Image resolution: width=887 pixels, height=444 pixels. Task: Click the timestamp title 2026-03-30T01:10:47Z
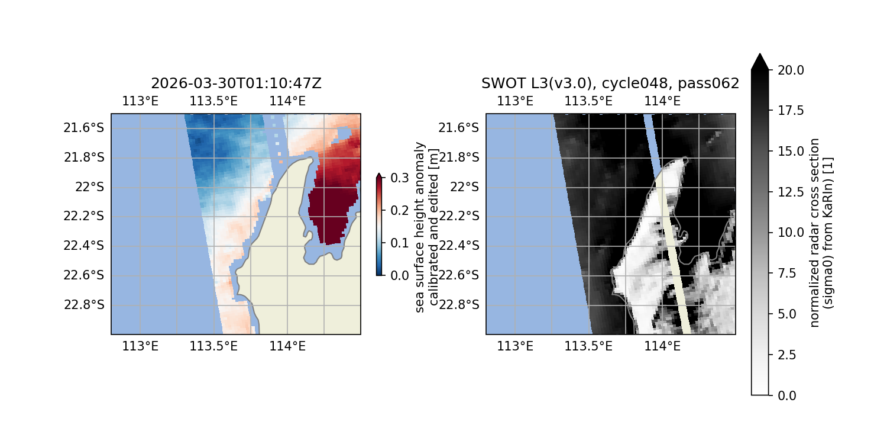(236, 83)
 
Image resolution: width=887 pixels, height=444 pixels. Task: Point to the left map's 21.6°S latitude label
(83, 127)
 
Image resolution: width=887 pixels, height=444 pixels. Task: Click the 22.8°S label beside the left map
(83, 304)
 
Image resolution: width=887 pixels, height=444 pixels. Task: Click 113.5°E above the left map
(213, 101)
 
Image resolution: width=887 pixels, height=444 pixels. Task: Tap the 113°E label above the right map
(514, 101)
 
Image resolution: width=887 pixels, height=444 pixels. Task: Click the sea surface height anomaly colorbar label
(425, 227)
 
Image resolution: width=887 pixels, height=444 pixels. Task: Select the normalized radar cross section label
(821, 232)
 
